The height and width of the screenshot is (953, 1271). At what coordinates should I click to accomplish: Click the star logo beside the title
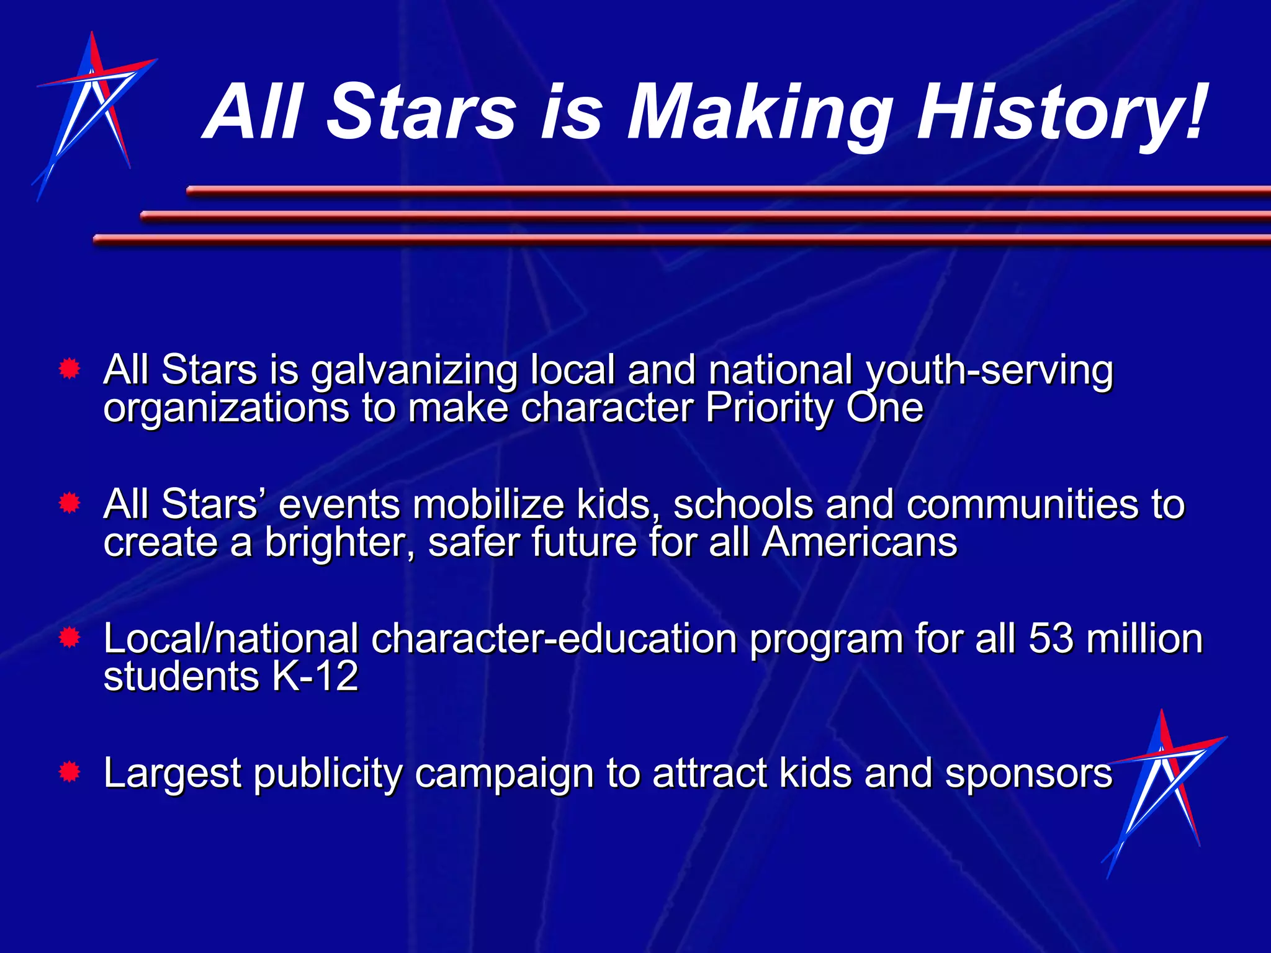[93, 112]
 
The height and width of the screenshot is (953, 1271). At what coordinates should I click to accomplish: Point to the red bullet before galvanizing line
[70, 370]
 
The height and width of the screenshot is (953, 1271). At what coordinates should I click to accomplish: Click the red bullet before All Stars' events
[70, 503]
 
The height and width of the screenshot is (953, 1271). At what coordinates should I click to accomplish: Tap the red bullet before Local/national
[70, 638]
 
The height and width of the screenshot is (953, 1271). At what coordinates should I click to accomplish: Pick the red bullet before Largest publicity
[70, 772]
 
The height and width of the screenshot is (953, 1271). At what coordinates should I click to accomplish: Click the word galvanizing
[414, 371]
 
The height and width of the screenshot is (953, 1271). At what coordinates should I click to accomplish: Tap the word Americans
[860, 542]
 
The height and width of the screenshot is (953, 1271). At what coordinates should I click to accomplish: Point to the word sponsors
[1028, 774]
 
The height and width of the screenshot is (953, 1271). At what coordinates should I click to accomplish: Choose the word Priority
[770, 408]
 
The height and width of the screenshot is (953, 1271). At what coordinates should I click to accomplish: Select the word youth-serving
[989, 371]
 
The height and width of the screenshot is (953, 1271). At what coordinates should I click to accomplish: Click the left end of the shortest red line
[190, 192]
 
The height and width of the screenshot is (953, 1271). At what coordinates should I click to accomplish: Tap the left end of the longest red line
[97, 239]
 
